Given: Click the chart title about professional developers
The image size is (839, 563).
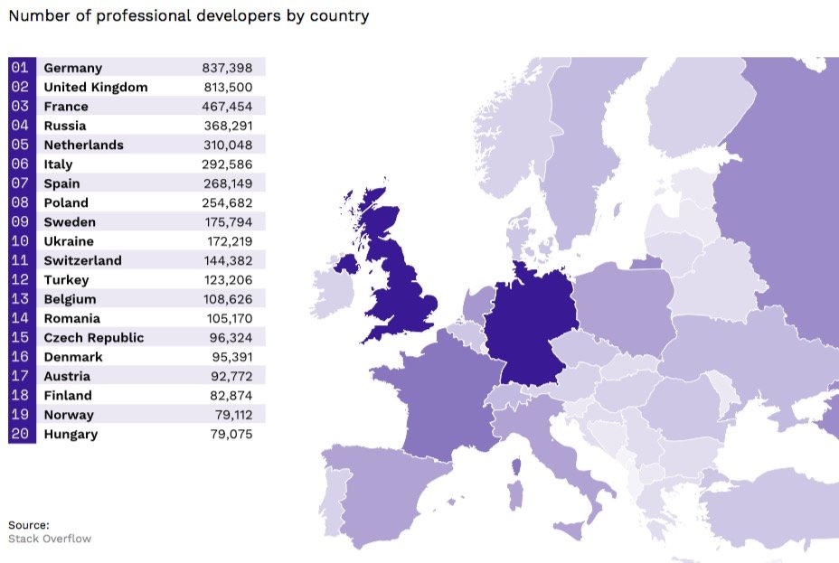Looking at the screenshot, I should (x=188, y=16).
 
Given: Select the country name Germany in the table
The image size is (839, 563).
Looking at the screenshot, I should (x=72, y=68).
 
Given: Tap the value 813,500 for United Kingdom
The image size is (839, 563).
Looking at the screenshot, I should (x=228, y=88).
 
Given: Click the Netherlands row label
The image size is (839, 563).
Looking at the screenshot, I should (x=83, y=145).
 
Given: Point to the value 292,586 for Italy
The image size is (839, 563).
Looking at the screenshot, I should (x=228, y=164).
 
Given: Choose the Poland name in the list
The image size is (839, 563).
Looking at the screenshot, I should (x=66, y=203).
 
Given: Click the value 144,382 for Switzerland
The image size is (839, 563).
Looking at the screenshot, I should (x=228, y=261).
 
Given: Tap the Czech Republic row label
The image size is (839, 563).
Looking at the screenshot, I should (x=93, y=338).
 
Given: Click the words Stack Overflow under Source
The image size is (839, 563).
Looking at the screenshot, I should (x=50, y=539).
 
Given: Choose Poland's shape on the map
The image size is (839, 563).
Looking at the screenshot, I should (x=624, y=307).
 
